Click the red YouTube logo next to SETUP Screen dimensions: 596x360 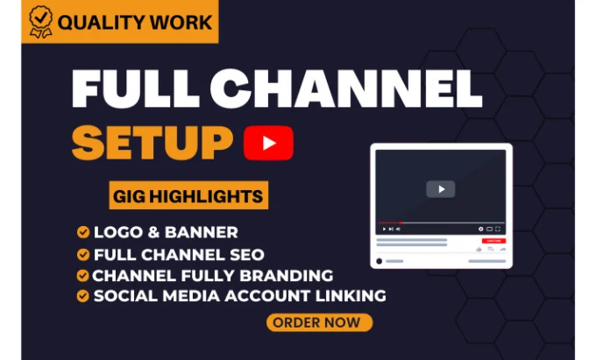pos(268,143)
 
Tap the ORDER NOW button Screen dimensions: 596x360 pos(319,322)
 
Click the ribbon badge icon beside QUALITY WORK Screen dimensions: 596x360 pos(41,22)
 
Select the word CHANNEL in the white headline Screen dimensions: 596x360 pos(346,88)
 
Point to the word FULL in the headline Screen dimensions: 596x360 pos(136,88)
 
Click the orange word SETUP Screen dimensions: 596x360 pos(153,143)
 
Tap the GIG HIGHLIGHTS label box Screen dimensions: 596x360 pos(188,195)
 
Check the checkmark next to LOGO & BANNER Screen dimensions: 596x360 pos(83,232)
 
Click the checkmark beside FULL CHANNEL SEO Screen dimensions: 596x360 pos(83,254)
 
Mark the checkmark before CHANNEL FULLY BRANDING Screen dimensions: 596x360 pos(82,275)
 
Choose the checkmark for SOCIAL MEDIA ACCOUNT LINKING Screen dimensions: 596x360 pos(83,296)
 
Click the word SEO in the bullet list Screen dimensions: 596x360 pos(247,255)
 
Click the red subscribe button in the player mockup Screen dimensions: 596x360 pos(493,241)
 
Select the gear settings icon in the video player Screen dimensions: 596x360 pos(481,229)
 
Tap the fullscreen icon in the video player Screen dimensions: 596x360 pos(498,229)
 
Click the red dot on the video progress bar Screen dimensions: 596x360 pos(401,222)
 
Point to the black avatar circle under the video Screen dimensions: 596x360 pos(379,261)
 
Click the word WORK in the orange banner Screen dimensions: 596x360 pos(181,23)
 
